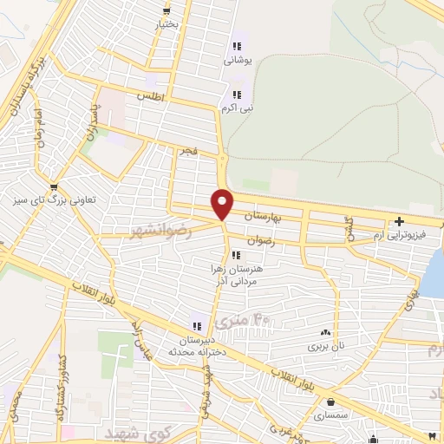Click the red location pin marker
(223, 204)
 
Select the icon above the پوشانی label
(235, 47)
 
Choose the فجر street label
(188, 152)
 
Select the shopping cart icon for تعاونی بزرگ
(55, 186)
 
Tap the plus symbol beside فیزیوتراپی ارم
(398, 221)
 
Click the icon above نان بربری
(326, 331)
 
